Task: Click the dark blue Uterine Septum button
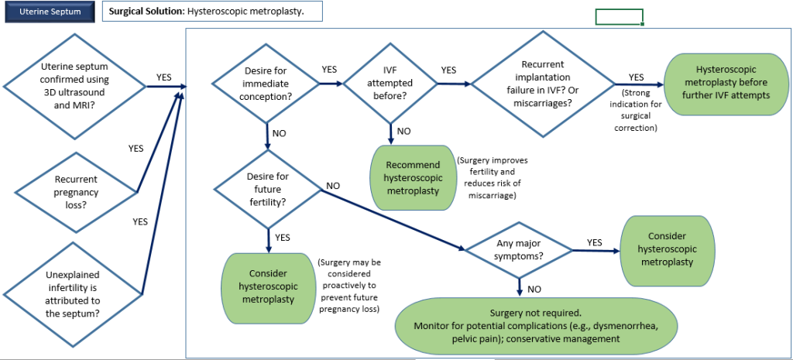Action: [49, 12]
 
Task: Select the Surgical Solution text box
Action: [212, 11]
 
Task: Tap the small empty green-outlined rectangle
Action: [619, 17]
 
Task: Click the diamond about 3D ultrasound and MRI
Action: [75, 87]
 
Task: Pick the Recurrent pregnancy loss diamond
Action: [77, 192]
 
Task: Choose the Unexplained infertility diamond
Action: [74, 293]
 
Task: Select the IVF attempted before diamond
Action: [390, 82]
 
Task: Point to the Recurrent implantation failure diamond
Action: [544, 84]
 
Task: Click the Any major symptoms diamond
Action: [518, 250]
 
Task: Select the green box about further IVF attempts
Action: [727, 84]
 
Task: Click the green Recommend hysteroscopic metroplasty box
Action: [413, 177]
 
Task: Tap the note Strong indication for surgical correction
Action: [635, 110]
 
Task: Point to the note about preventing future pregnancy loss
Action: [349, 286]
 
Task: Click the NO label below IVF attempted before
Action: [404, 132]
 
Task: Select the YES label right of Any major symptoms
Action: [595, 242]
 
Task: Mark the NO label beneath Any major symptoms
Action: [534, 290]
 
